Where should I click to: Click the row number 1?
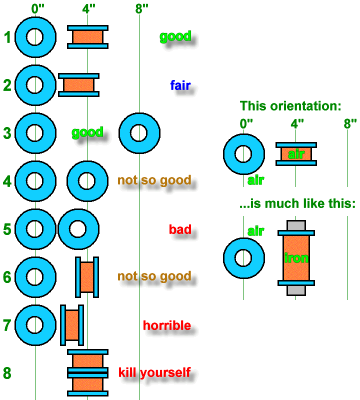pos(7,38)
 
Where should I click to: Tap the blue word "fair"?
pos(180,85)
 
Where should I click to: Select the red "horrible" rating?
pos(167,325)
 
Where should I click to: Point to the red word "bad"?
pos(180,230)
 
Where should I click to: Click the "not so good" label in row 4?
pos(154,180)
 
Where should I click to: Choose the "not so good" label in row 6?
pos(154,276)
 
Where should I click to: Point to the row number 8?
pos(7,373)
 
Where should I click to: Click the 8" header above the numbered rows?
pos(142,8)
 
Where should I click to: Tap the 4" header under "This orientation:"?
pos(297,123)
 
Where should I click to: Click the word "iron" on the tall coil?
pos(296,258)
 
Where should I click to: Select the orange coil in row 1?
pos(87,36)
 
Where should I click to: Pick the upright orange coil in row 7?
pos(71,325)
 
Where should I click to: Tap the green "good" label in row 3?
pos(87,132)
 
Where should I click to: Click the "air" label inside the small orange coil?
pos(296,154)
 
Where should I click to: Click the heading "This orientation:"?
pos(290,106)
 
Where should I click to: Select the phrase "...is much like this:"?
pos(297,204)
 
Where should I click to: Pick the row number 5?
pos(7,229)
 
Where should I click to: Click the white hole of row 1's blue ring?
pos(35,37)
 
